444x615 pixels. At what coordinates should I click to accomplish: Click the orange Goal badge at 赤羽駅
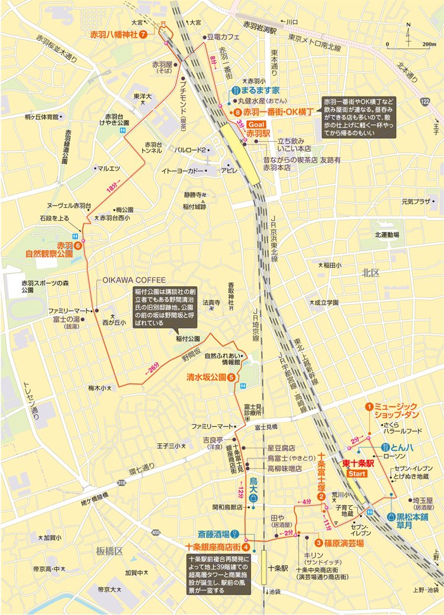click(x=258, y=125)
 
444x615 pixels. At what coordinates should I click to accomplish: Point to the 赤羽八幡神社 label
click(x=114, y=34)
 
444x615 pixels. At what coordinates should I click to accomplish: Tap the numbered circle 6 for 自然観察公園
click(x=77, y=245)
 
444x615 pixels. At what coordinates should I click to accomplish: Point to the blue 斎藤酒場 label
click(x=214, y=534)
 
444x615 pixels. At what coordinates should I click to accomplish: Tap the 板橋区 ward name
click(x=110, y=551)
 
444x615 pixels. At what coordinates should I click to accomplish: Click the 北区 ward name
click(x=371, y=273)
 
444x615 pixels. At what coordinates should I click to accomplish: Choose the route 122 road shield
click(x=424, y=102)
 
